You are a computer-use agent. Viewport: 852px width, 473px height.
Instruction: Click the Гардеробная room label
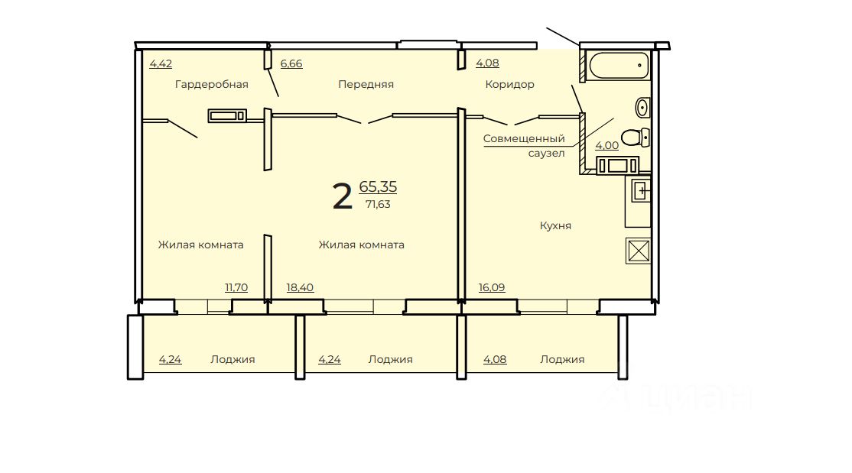click(211, 84)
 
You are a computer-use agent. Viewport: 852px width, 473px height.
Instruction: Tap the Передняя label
click(366, 84)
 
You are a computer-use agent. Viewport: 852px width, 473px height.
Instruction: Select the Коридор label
click(509, 84)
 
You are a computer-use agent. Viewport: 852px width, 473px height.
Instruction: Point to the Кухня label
click(555, 225)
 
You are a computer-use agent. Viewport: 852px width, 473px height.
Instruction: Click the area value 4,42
click(161, 63)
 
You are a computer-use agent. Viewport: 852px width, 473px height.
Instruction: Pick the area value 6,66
click(291, 63)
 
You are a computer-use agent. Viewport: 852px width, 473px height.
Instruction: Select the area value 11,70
click(236, 287)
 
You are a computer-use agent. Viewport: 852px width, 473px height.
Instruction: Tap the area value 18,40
click(300, 287)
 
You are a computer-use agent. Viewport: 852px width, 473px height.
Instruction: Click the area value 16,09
click(492, 287)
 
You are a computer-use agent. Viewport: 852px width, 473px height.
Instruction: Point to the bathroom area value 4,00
click(607, 145)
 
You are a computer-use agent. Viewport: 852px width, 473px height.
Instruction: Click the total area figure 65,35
click(378, 186)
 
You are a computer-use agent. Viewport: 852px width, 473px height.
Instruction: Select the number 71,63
click(378, 204)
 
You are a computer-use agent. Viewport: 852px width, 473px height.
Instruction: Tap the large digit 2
click(343, 196)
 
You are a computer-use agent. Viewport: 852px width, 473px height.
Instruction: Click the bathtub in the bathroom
click(619, 66)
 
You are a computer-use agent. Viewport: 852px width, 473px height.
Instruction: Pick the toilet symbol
click(636, 137)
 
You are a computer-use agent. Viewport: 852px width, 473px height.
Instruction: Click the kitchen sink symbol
click(641, 191)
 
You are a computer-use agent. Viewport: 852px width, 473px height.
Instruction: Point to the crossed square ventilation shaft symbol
click(638, 251)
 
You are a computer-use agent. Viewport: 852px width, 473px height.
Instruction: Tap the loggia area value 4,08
click(495, 359)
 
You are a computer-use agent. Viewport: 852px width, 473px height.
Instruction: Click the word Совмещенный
click(524, 138)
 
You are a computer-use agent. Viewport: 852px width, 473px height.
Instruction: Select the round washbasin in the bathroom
click(642, 107)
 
